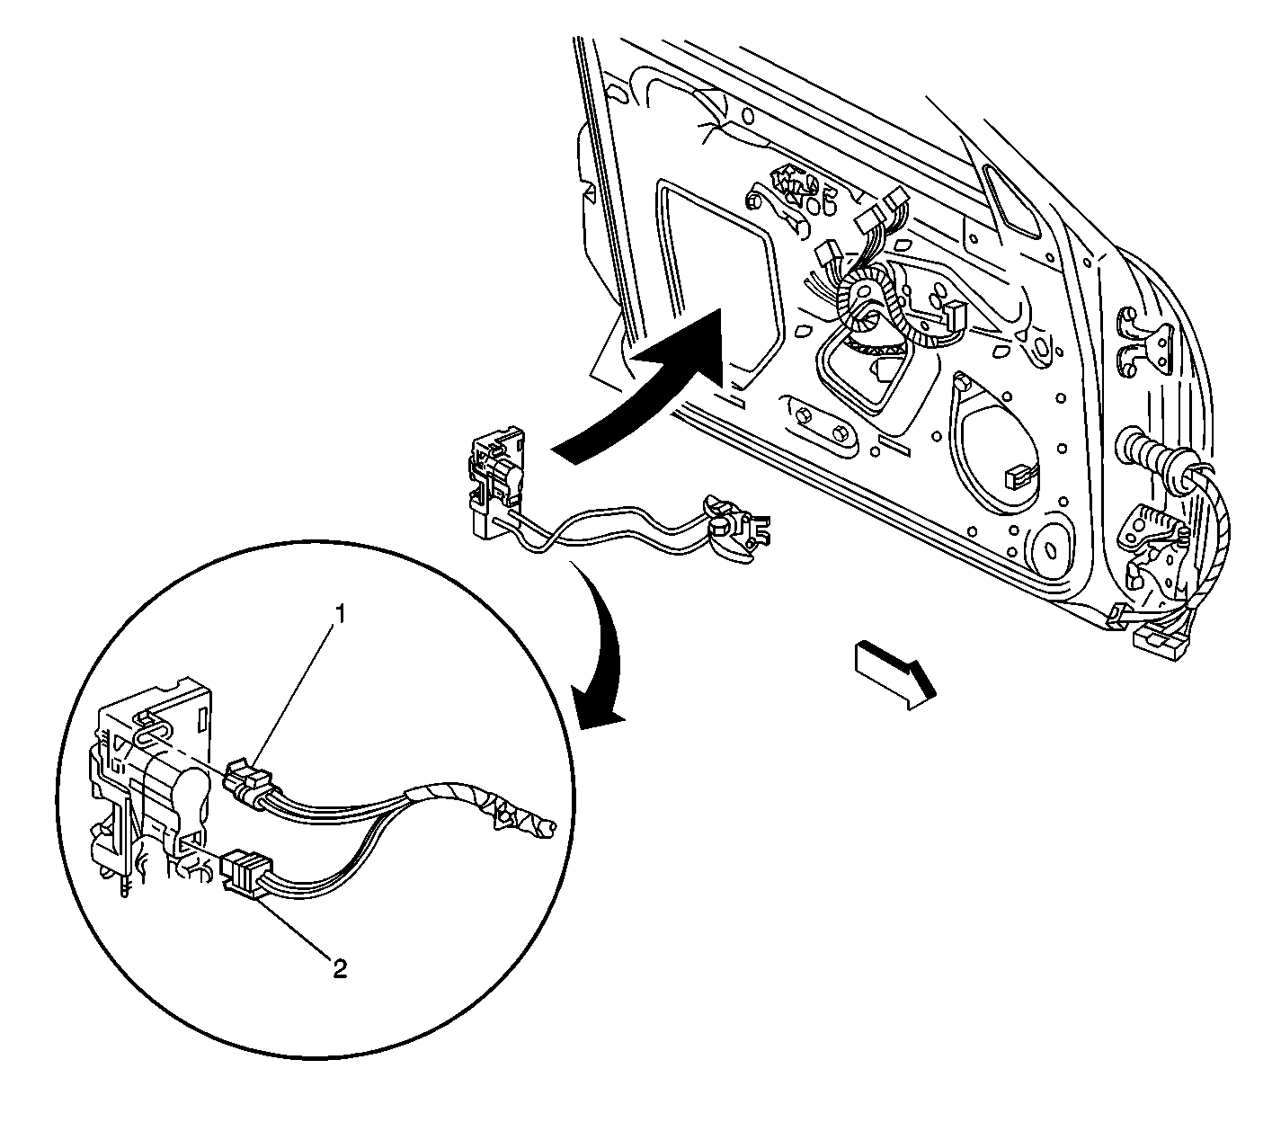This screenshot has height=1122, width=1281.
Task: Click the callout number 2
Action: [x=339, y=968]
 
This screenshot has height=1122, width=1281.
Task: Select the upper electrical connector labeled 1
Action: [x=247, y=778]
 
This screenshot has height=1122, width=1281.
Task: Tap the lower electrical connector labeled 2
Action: [x=244, y=871]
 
